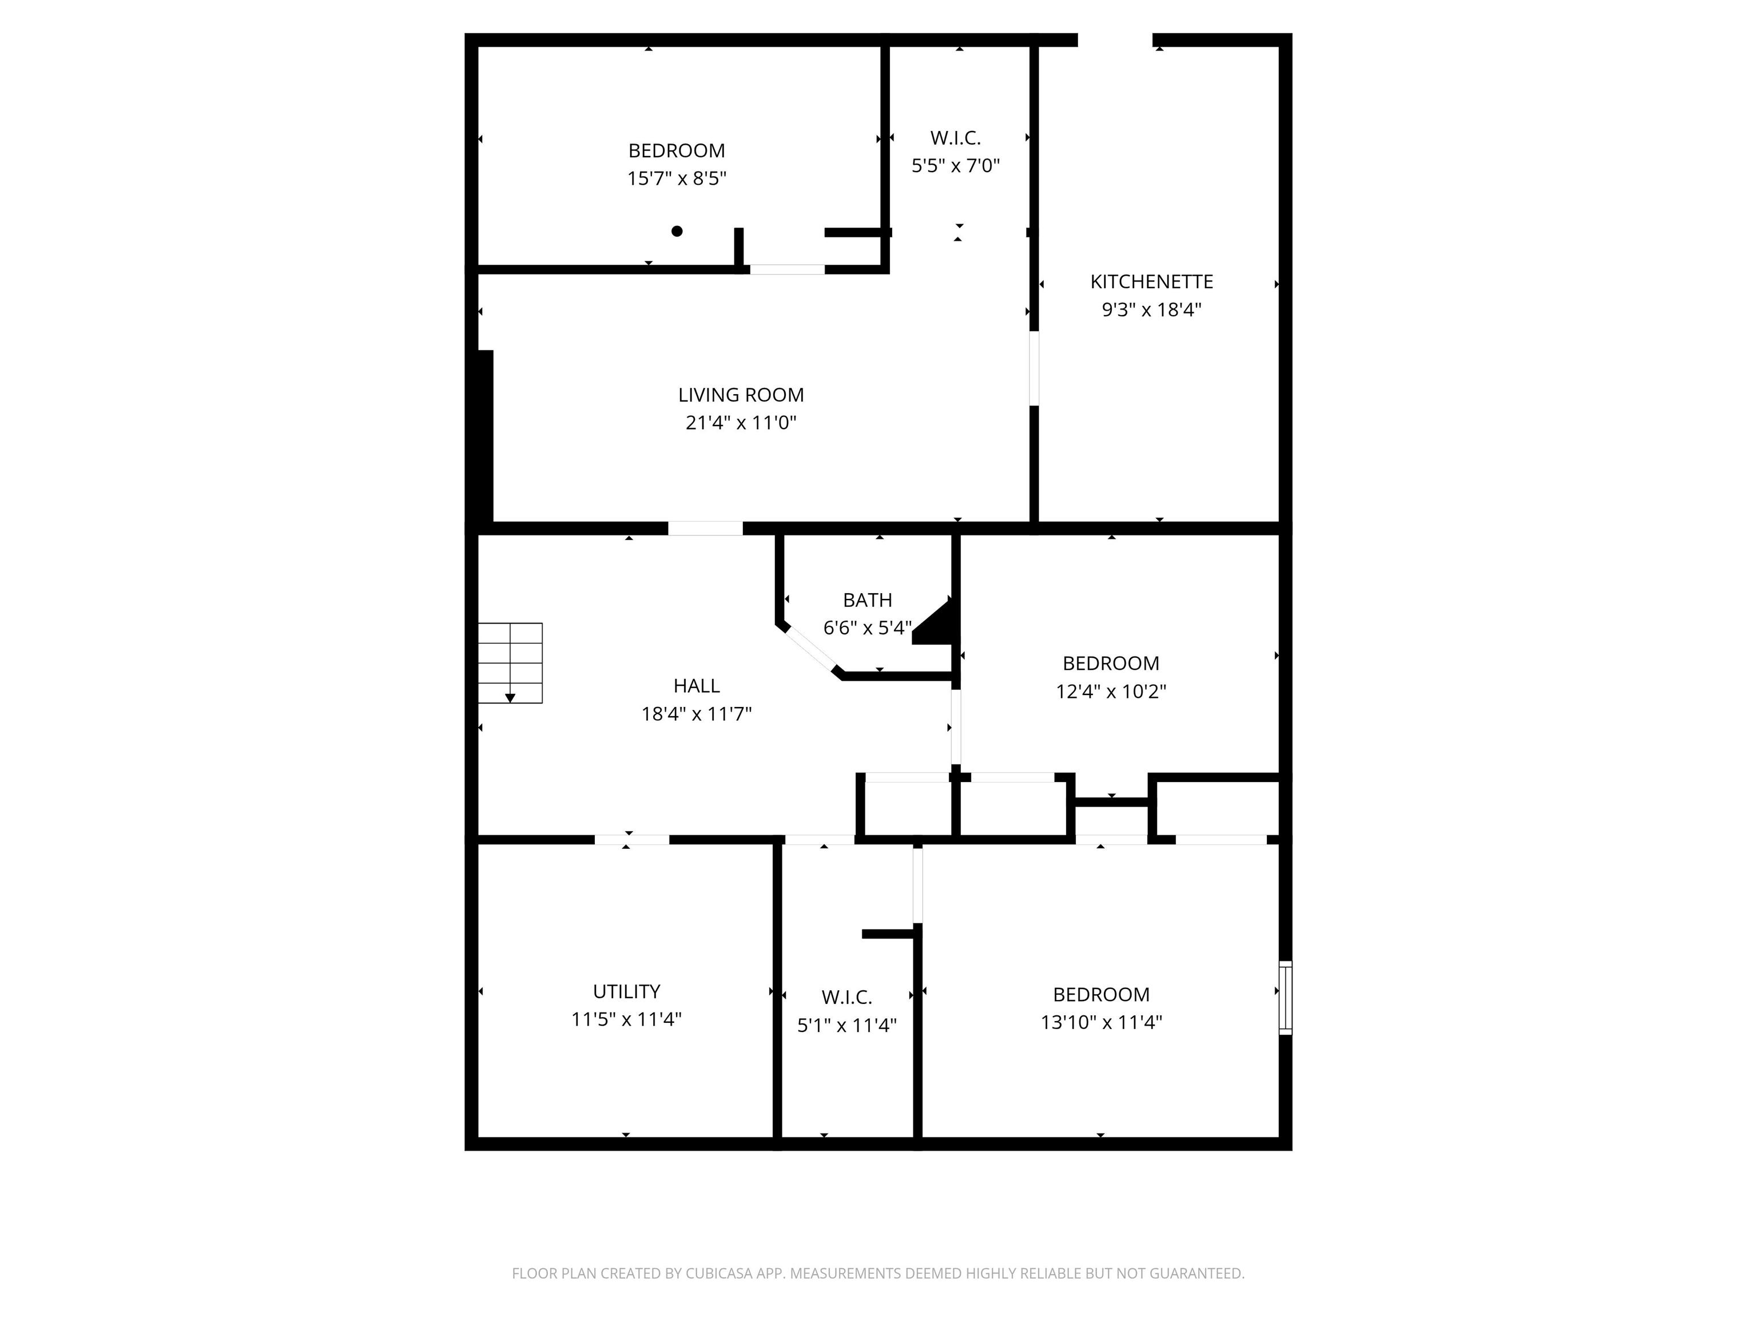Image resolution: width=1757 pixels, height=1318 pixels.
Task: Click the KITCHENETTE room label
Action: [x=1151, y=281]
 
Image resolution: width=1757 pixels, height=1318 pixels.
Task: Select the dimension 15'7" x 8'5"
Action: [x=677, y=178]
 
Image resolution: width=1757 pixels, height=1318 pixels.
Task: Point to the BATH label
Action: [x=868, y=600]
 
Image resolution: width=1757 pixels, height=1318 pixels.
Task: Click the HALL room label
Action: [x=697, y=686]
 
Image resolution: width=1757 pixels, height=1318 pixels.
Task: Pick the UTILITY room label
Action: [x=627, y=991]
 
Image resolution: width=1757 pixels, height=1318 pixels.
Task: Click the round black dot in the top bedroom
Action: [x=677, y=231]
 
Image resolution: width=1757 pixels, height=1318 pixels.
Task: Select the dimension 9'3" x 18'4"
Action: [x=1151, y=310]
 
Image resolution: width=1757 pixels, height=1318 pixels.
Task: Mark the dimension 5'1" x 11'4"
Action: [x=846, y=1026]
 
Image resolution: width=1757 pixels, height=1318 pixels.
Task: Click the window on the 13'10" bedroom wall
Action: [x=1285, y=998]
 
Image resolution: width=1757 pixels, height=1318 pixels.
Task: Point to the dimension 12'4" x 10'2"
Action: [x=1111, y=691]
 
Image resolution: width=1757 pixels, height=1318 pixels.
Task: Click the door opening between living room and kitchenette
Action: [x=1034, y=368]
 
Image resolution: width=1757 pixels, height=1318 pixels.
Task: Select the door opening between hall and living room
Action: [x=705, y=529]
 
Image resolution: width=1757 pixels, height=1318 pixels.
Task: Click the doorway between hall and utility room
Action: [x=632, y=840]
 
